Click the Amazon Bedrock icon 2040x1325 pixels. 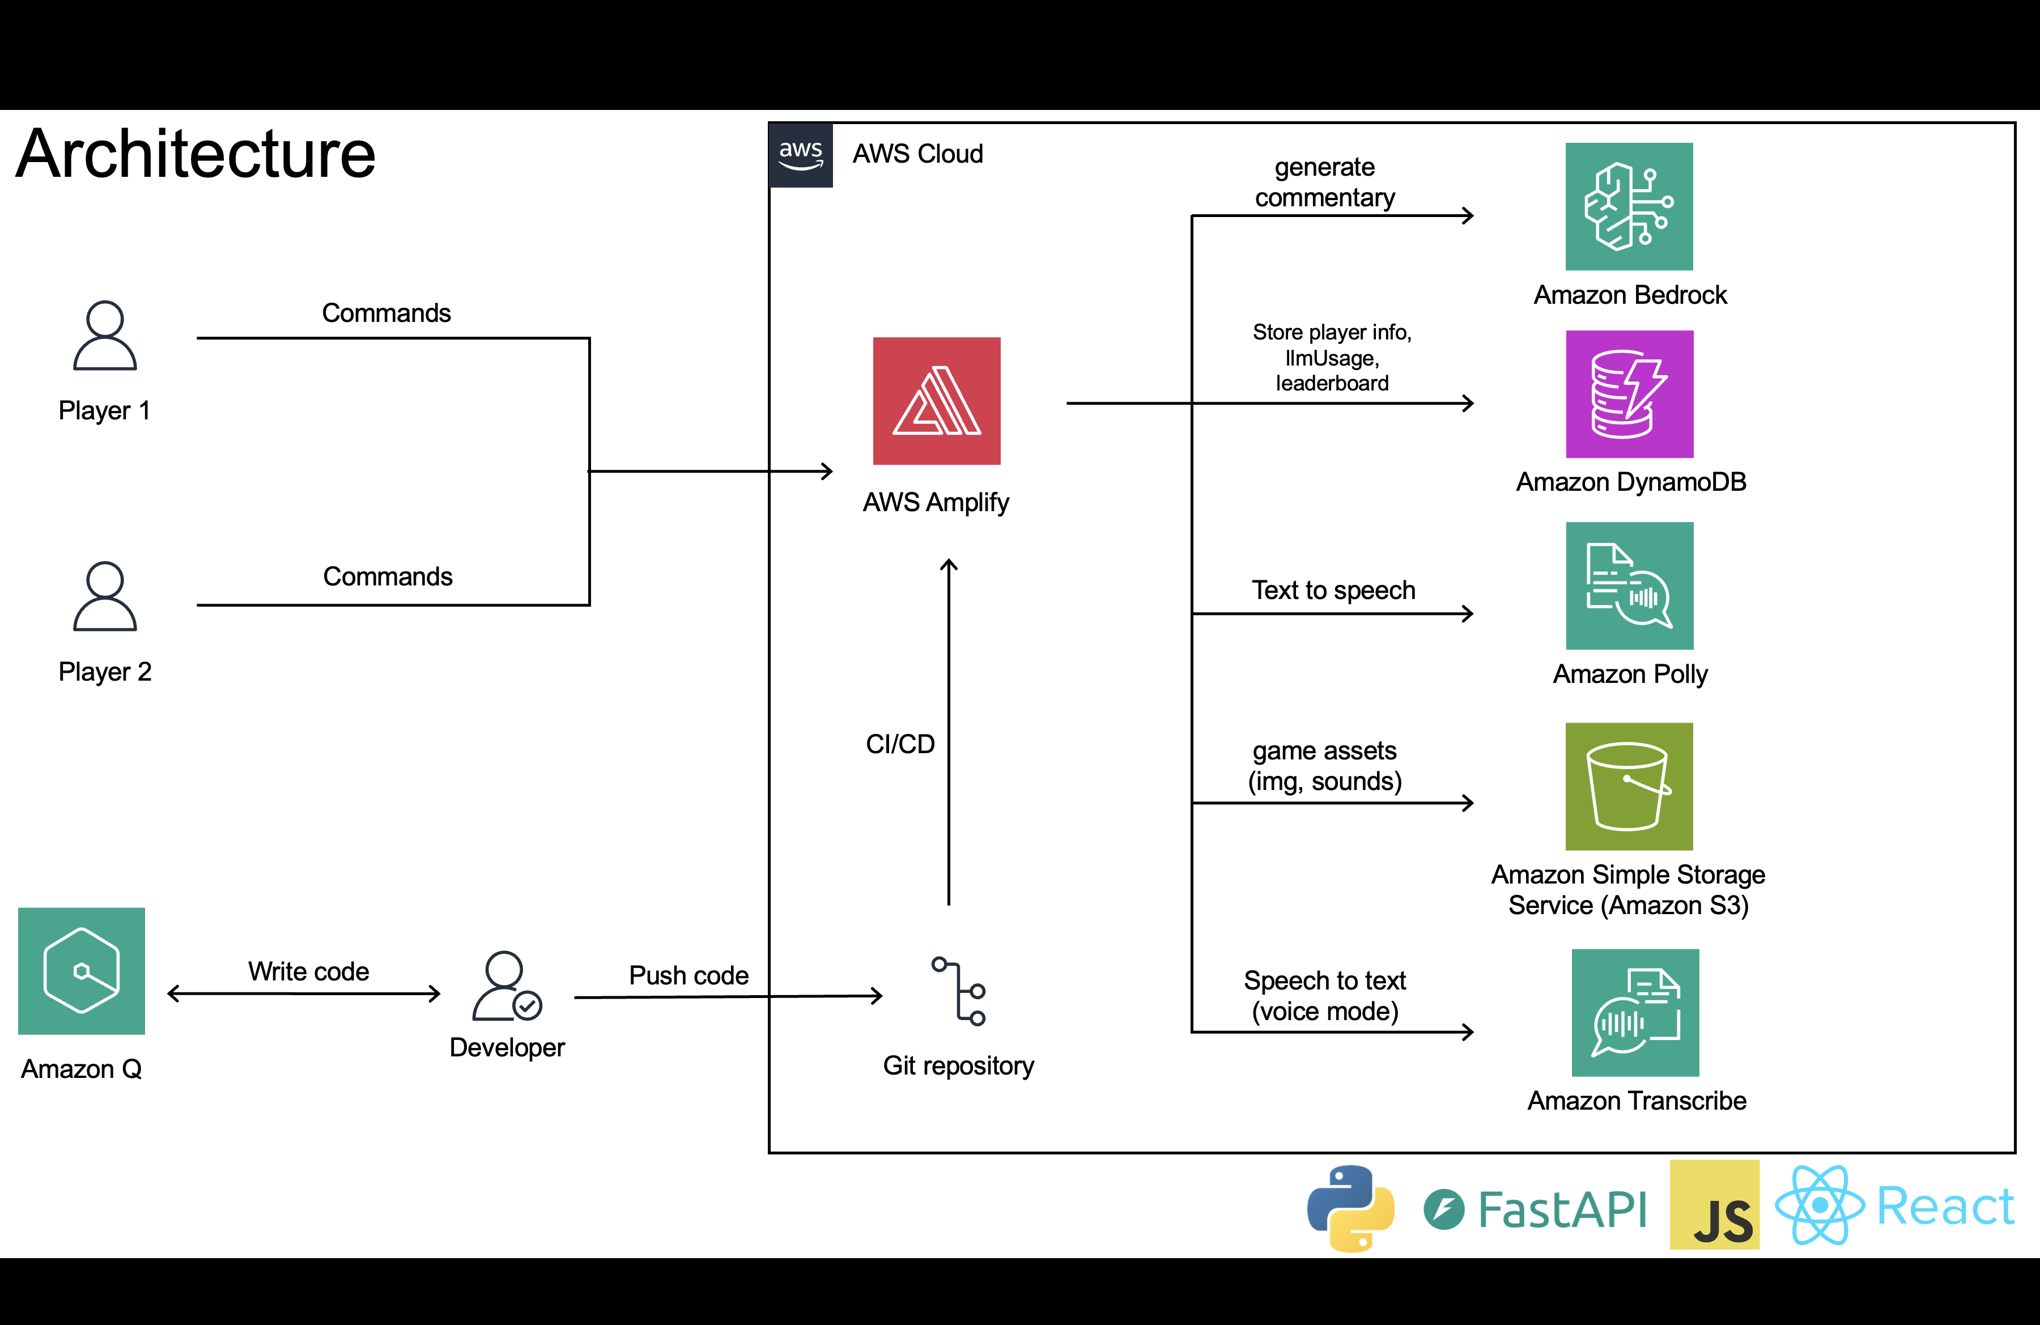(x=1629, y=206)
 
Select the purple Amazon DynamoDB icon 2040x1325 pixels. (x=1629, y=394)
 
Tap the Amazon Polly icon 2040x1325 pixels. (x=1629, y=585)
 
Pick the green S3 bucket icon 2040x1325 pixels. (x=1629, y=786)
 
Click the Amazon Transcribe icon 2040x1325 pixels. (x=1635, y=1012)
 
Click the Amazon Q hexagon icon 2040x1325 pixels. (x=82, y=971)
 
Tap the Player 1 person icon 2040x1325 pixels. (x=105, y=335)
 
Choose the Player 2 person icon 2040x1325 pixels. (x=105, y=597)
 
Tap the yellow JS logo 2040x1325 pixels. (x=1714, y=1205)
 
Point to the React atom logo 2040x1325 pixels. (x=1819, y=1205)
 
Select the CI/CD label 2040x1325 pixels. (x=900, y=744)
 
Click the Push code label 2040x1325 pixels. (x=689, y=975)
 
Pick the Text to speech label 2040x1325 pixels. (x=1334, y=591)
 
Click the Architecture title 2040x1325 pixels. (x=195, y=154)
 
